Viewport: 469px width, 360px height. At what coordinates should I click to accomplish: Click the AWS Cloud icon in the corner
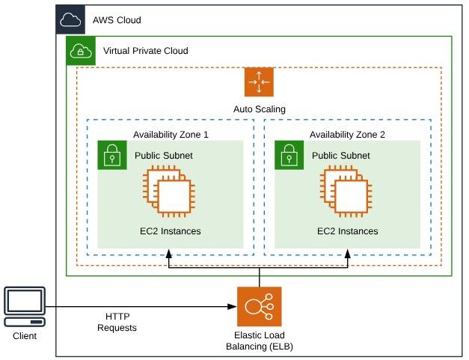click(x=70, y=19)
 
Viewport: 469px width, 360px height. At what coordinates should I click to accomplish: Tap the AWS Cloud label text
click(x=117, y=20)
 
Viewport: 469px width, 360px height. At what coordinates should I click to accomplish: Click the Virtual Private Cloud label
click(x=145, y=51)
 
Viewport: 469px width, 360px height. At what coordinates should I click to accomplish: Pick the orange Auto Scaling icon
click(x=259, y=82)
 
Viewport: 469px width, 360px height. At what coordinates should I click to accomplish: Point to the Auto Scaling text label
click(x=259, y=109)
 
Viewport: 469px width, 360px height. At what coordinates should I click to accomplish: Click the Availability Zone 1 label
click(x=171, y=134)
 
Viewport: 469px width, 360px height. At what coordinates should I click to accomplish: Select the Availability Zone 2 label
click(x=348, y=134)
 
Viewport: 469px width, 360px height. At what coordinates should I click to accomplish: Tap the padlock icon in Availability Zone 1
click(x=112, y=155)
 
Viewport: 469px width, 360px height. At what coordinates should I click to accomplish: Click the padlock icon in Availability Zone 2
click(x=289, y=155)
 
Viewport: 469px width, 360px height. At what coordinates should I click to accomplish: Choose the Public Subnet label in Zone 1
click(x=164, y=156)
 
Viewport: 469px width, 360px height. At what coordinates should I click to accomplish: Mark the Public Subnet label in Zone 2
click(x=341, y=156)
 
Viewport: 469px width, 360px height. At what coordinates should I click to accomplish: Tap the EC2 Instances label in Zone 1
click(x=170, y=231)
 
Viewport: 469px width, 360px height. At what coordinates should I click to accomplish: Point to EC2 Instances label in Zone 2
click(x=347, y=231)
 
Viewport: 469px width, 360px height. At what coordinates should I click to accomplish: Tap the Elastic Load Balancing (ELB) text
click(x=260, y=341)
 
